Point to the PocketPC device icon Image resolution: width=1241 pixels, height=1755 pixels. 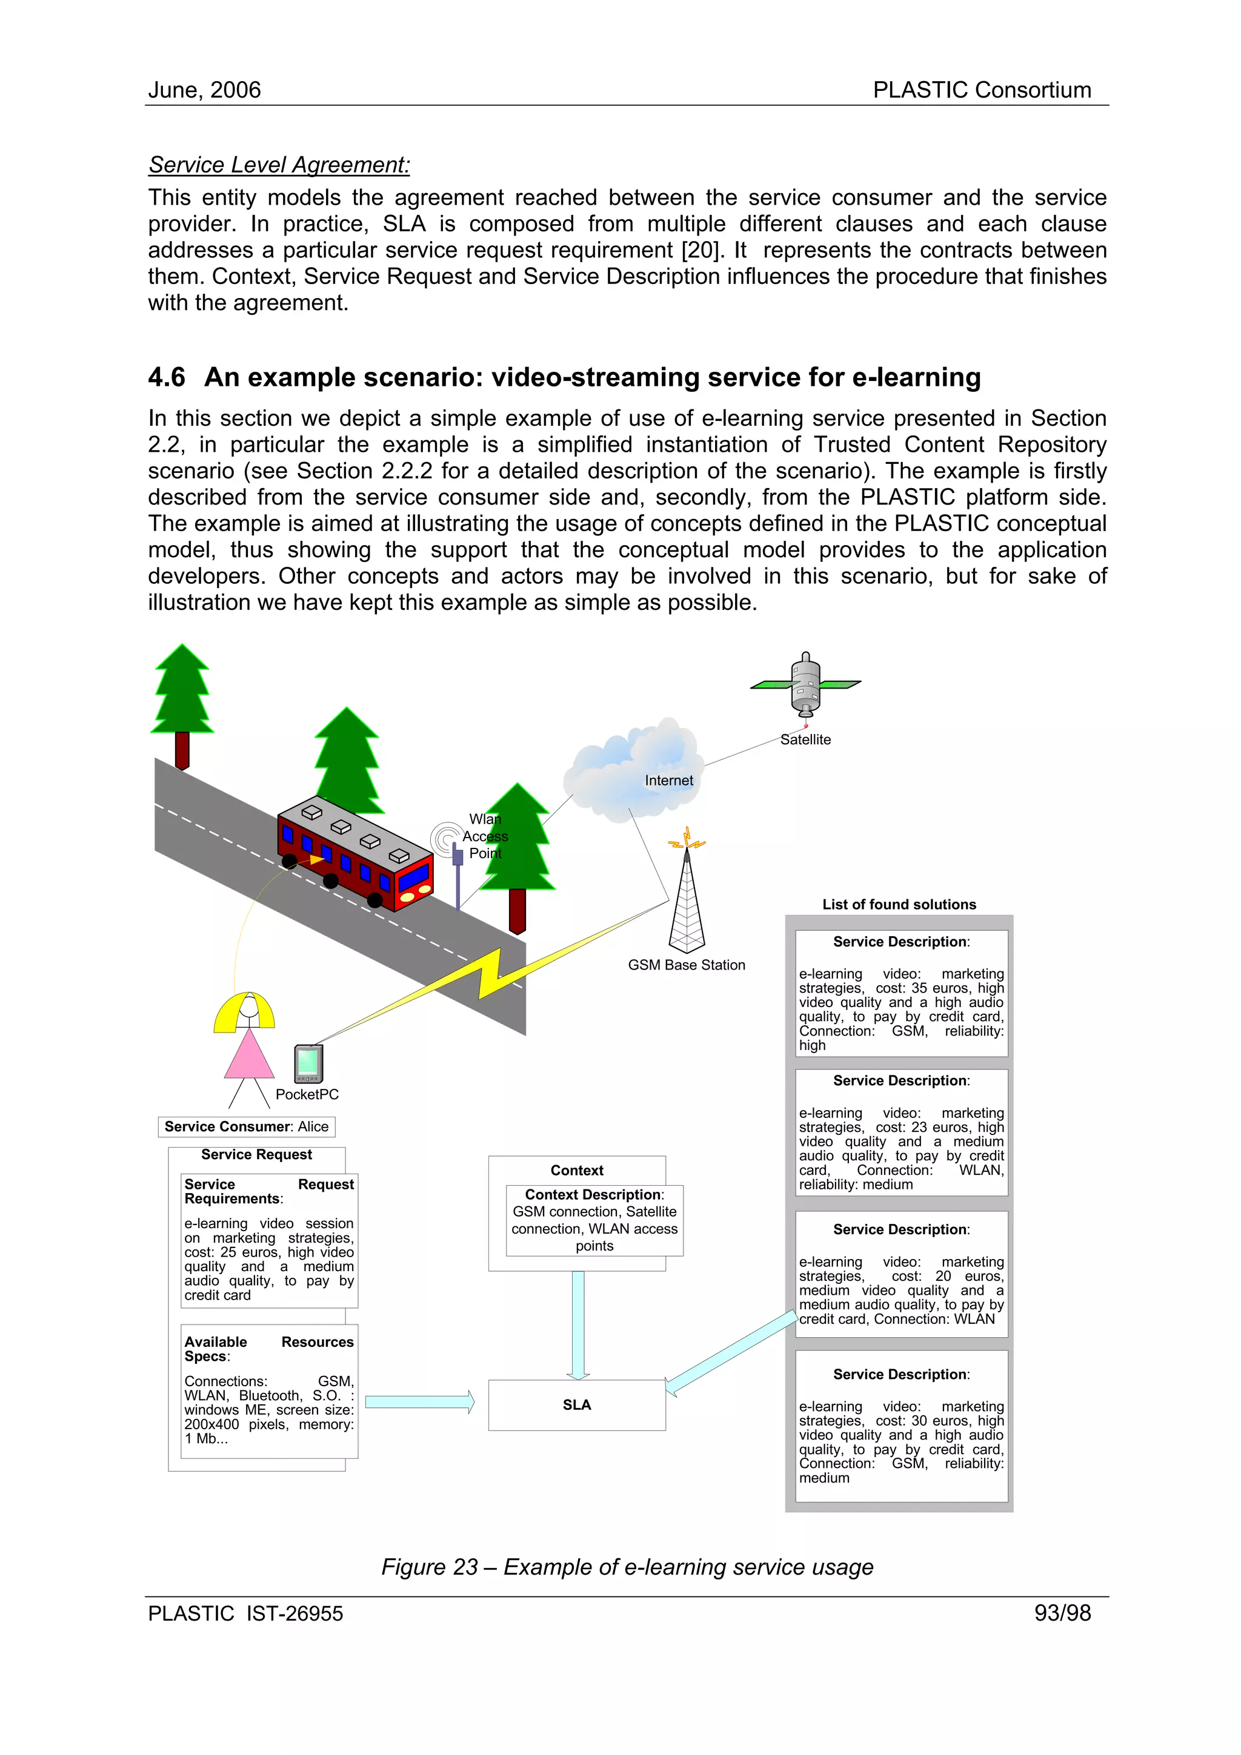pyautogui.click(x=308, y=1063)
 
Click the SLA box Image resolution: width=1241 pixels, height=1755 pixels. pyautogui.click(x=576, y=1405)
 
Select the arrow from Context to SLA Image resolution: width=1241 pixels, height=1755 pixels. pyautogui.click(x=578, y=1324)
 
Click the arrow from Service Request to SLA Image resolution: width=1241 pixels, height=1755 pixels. pyautogui.click(x=419, y=1402)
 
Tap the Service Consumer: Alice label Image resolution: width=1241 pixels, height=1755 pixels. pyautogui.click(x=246, y=1126)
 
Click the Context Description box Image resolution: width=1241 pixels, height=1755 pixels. pyautogui.click(x=594, y=1220)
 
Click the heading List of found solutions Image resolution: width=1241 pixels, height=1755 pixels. pyautogui.click(x=899, y=904)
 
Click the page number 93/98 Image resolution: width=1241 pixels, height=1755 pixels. pyautogui.click(x=1062, y=1613)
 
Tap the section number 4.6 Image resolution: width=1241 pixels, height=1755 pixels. pyautogui.click(x=167, y=378)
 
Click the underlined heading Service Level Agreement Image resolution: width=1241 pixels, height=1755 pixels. pyautogui.click(x=279, y=165)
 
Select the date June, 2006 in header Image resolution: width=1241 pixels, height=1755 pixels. pyautogui.click(x=204, y=90)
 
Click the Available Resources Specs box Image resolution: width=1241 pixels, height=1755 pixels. pyautogui.click(x=269, y=1391)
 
